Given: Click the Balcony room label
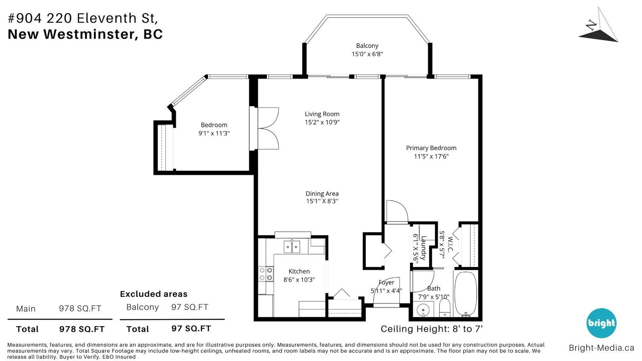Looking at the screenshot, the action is tap(367, 46).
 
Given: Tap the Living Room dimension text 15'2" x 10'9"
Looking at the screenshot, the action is tap(322, 122).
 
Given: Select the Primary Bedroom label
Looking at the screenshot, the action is tap(431, 148).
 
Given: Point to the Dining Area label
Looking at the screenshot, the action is tap(322, 193).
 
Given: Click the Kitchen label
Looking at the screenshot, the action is tap(299, 271).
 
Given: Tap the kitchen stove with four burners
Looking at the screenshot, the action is tap(266, 274).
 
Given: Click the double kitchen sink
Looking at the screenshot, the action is tap(292, 247).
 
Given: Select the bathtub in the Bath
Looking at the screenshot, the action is tap(466, 294).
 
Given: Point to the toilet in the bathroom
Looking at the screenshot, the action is tap(445, 308).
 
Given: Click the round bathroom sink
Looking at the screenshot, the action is tap(423, 310).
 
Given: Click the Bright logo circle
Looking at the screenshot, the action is tap(601, 323).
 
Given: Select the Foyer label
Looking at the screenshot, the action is tap(386, 282).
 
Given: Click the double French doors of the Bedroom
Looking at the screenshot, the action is tap(264, 128).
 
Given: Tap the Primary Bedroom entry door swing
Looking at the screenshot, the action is tap(397, 211).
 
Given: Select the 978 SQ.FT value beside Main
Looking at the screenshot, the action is tap(80, 308).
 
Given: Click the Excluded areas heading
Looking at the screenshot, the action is tap(154, 294).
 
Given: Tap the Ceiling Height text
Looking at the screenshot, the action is tap(432, 329).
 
